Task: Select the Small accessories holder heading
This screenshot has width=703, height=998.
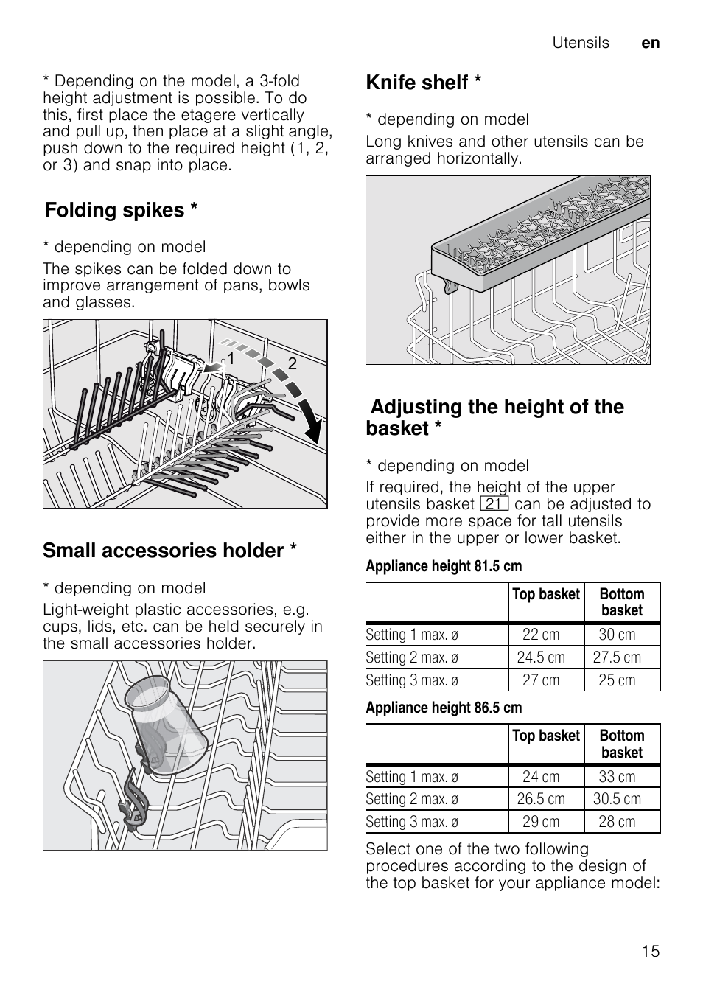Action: (x=169, y=551)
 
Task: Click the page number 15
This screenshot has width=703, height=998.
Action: (x=650, y=951)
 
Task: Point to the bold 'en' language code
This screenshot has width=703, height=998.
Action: (x=650, y=43)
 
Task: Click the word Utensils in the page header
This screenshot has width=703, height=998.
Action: (x=581, y=43)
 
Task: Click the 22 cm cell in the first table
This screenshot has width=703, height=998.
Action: (x=541, y=635)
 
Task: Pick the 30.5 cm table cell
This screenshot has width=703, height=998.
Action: (x=617, y=799)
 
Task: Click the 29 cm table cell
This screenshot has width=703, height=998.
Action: (x=541, y=822)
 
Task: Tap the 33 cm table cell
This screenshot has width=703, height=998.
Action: (x=617, y=777)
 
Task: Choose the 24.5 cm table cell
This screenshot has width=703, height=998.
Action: (x=541, y=657)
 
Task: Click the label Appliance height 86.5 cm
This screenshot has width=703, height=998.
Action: (x=444, y=708)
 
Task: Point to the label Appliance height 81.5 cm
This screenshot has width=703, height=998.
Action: (x=444, y=566)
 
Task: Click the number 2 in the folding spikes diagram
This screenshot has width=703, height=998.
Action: (x=292, y=363)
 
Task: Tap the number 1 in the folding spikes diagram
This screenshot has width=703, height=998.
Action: (x=231, y=359)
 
